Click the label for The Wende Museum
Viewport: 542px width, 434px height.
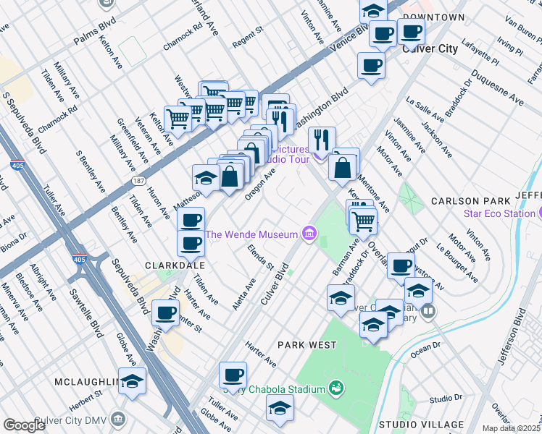[251, 234]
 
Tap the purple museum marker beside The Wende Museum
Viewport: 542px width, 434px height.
[310, 234]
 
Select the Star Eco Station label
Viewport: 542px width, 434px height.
[499, 213]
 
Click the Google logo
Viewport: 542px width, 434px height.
[24, 425]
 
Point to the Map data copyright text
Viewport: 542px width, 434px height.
[512, 428]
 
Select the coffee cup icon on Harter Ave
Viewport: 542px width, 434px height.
[233, 375]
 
